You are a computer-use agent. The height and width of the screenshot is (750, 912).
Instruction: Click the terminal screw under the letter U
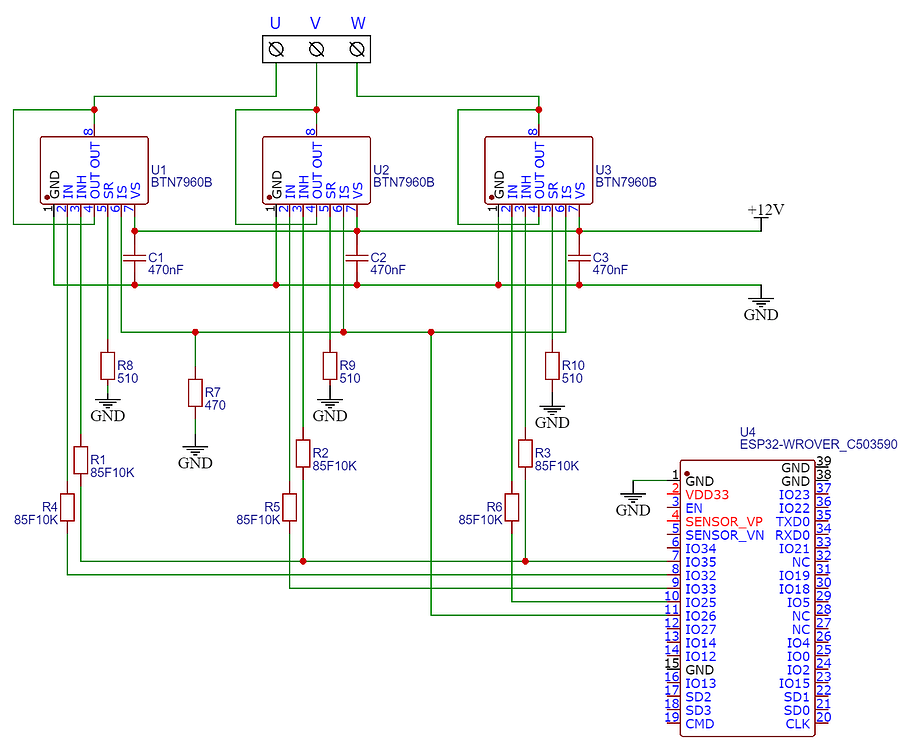(277, 49)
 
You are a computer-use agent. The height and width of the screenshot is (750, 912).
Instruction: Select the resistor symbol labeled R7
(195, 392)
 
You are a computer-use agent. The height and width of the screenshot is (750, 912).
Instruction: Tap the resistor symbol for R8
(106, 366)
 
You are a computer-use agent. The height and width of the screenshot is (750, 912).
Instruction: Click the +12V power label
(765, 210)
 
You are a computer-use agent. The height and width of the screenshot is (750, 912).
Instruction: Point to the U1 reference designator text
(158, 170)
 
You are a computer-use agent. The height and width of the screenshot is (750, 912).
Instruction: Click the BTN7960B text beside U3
(626, 183)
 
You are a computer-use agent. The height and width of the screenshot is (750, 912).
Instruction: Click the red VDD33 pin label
(707, 494)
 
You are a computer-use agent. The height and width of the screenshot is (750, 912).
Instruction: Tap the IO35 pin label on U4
(700, 562)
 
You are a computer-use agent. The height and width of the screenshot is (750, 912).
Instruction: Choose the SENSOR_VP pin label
(724, 521)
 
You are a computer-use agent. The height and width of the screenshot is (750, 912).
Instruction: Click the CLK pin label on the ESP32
(797, 723)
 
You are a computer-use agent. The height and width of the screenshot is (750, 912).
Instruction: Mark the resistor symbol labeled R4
(67, 507)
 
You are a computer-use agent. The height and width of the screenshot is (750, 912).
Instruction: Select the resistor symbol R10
(551, 366)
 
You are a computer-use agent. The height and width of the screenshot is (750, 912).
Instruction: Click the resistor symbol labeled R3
(524, 453)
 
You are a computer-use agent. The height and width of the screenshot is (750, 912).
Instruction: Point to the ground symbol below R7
(195, 452)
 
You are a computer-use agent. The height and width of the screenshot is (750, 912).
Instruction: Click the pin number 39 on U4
(823, 461)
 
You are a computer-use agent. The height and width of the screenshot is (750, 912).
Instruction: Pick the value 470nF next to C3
(610, 270)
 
